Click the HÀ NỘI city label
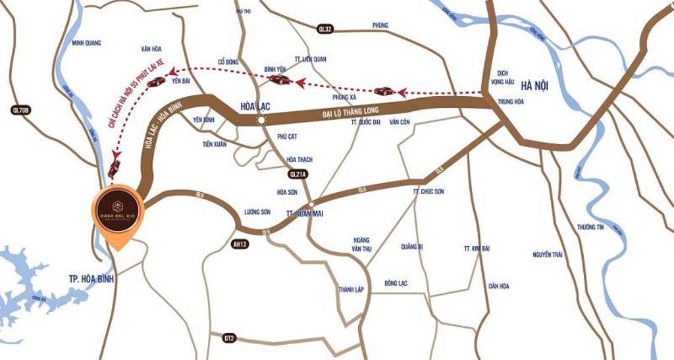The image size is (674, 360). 534,86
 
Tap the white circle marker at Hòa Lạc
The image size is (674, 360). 262,121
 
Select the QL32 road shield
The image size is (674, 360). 326,29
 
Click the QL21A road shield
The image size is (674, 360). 299,174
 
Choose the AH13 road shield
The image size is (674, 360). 243,244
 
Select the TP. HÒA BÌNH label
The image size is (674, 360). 91,279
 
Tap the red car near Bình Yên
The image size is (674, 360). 280,80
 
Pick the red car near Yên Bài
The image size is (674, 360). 156,82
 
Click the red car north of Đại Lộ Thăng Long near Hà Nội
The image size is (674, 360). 384,91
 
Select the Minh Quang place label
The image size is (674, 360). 87,43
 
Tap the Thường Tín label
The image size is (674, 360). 590,226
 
